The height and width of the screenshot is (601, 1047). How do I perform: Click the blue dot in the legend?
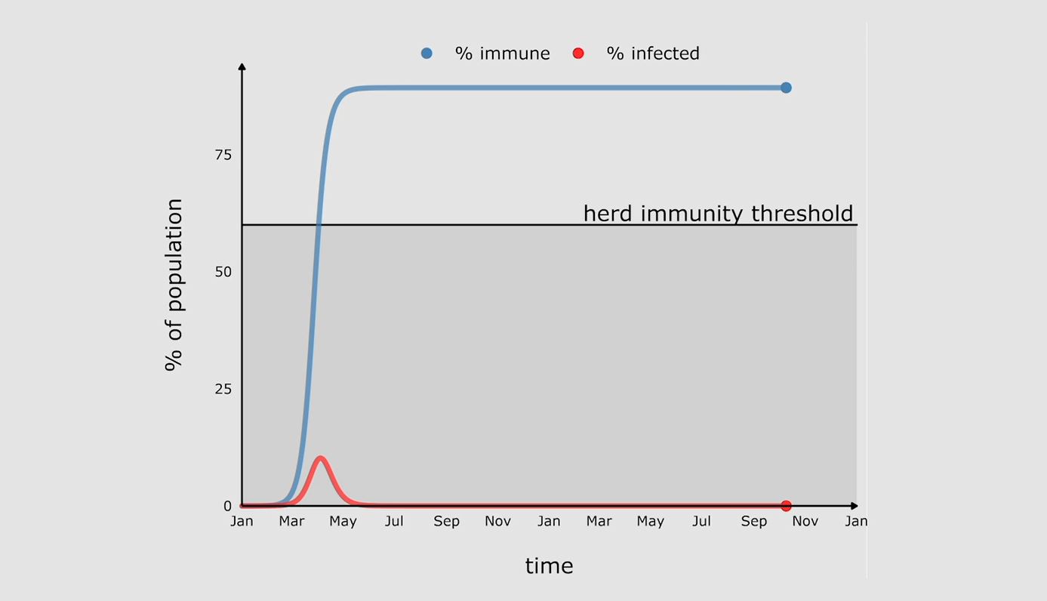pos(426,53)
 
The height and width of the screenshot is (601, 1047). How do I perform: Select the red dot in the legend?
pos(578,53)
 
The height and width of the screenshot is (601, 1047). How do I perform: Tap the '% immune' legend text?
pos(502,54)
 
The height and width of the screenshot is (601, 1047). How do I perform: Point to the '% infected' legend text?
pos(653,54)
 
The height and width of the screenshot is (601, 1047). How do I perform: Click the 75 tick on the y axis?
pos(223,155)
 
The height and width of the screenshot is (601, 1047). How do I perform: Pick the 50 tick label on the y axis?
pos(223,272)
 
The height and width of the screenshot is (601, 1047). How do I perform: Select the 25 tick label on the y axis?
pos(223,389)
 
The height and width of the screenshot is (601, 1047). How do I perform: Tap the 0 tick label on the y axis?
pos(227,506)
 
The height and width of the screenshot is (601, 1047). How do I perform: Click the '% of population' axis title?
pos(174,285)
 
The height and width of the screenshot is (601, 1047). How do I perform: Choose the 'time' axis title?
pos(549,566)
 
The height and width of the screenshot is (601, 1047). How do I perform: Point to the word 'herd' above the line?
pos(608,214)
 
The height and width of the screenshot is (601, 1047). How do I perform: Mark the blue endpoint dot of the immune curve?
pos(786,88)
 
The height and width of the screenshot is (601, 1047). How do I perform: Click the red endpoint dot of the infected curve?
pos(786,506)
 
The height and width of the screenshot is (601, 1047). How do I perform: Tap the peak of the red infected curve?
pos(321,458)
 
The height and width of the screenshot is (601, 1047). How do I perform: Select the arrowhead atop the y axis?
pos(242,67)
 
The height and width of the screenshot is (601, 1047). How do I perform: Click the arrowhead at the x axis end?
pos(854,506)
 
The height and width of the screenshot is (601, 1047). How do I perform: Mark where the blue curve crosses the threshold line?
pos(319,225)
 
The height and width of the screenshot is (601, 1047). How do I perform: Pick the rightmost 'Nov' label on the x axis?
pos(805,522)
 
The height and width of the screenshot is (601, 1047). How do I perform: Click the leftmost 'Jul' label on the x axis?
pos(394,522)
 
